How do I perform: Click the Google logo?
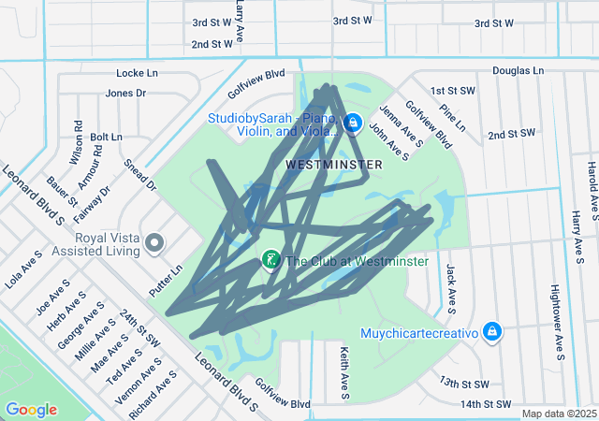[x=32, y=410]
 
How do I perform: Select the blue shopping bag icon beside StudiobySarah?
[x=353, y=123]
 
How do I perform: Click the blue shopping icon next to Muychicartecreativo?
[x=492, y=332]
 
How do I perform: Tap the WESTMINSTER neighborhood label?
[x=334, y=165]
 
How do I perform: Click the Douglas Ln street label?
[x=518, y=70]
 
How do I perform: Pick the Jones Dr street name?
[x=125, y=93]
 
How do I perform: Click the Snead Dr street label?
[x=139, y=175]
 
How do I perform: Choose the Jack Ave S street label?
[x=451, y=287]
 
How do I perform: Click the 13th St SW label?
[x=465, y=384]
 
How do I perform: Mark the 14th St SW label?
[x=486, y=404]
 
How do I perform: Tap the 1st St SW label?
[x=448, y=91]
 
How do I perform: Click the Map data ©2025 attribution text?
[x=559, y=414]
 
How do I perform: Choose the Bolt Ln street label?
[x=106, y=137]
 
